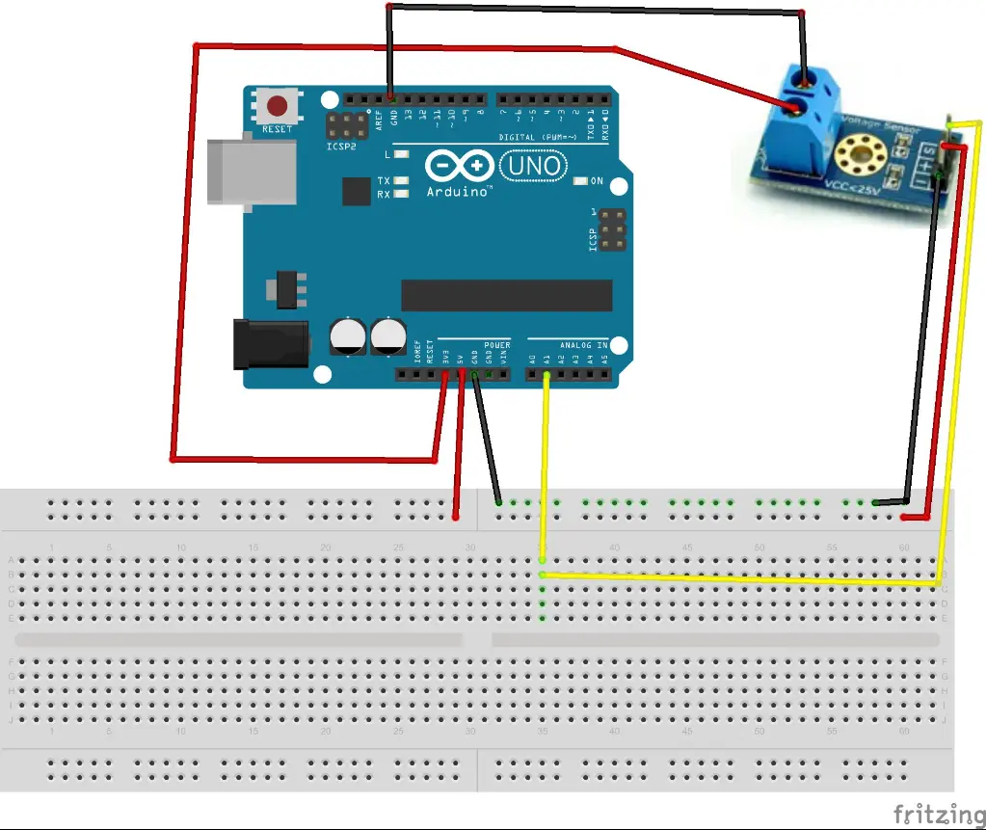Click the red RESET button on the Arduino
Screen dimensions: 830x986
click(278, 106)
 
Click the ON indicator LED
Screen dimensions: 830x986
click(581, 181)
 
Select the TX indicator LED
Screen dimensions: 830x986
click(402, 180)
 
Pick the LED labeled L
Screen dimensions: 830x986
click(402, 154)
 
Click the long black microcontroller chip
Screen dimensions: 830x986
click(506, 296)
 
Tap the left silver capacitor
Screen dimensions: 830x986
click(347, 336)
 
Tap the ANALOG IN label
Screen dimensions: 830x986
click(584, 345)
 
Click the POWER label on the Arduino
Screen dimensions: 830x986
click(497, 345)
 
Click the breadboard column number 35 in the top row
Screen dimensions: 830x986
click(543, 548)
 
